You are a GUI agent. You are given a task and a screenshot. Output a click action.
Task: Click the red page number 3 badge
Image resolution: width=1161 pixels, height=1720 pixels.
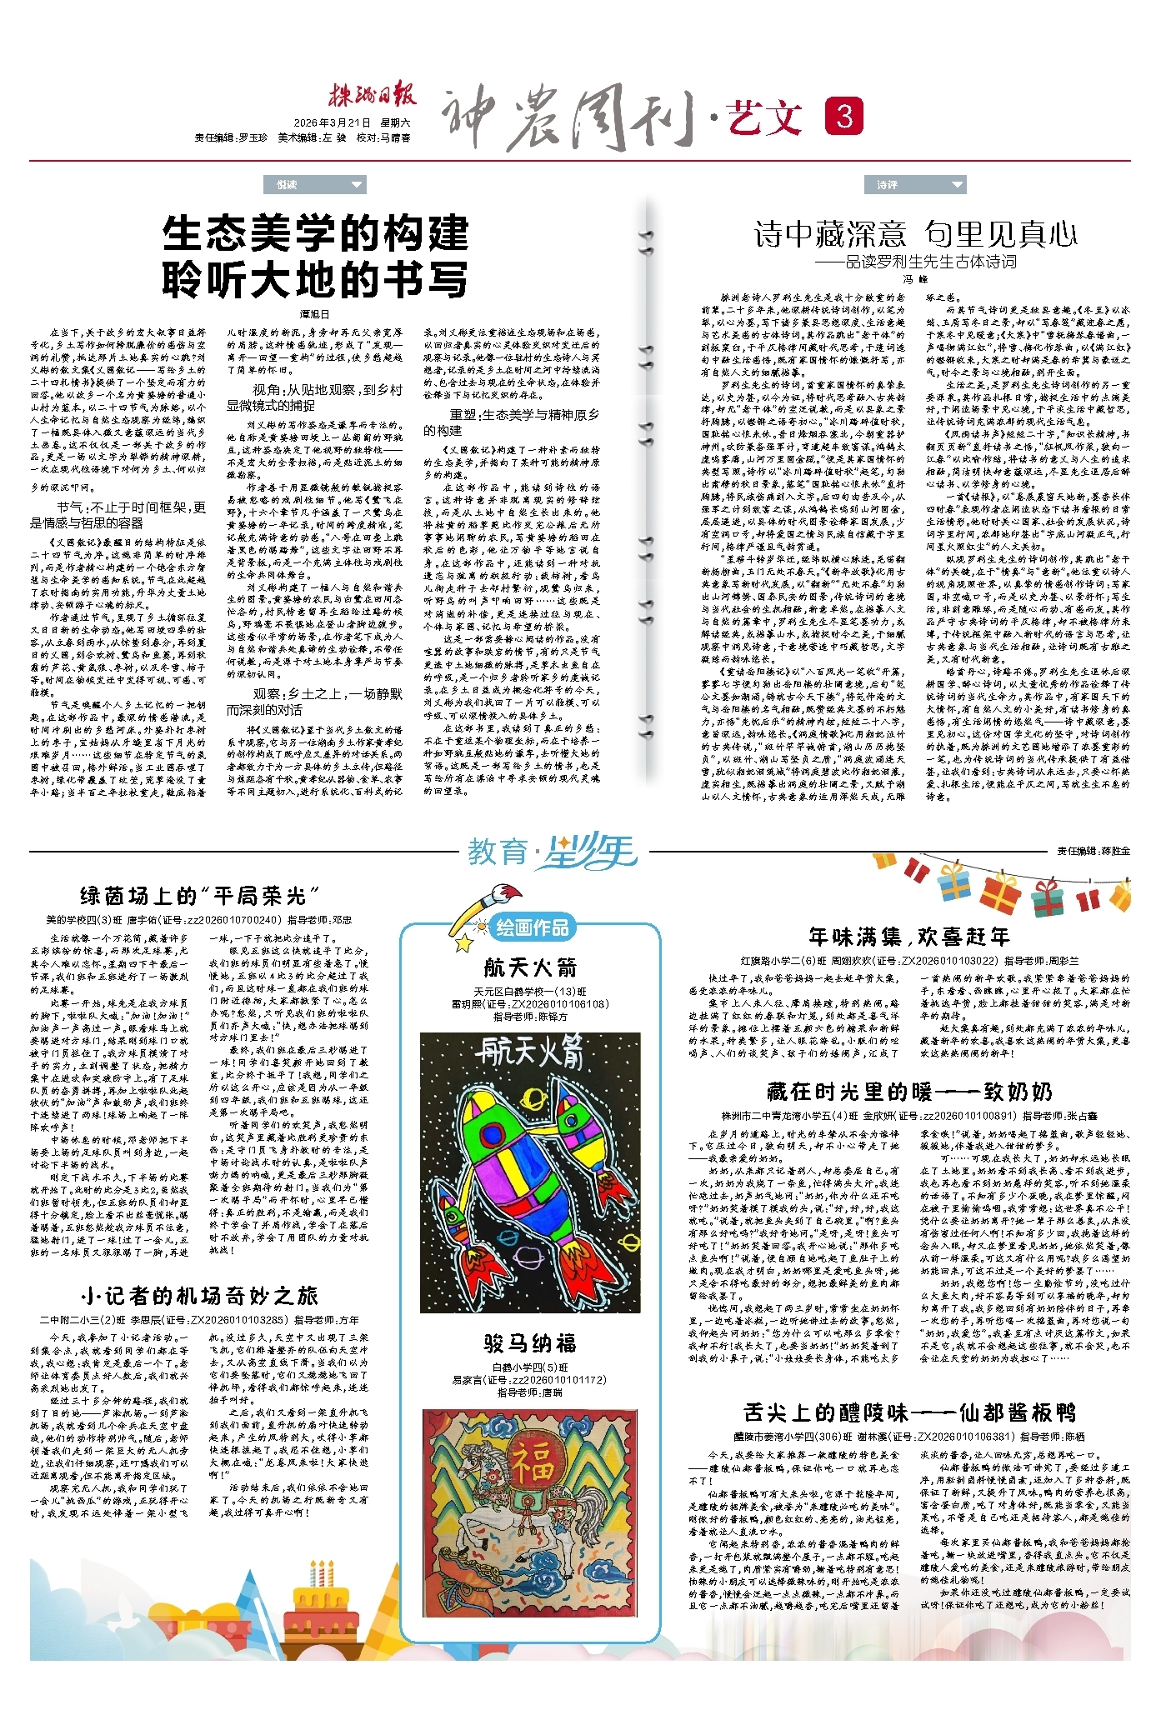843,116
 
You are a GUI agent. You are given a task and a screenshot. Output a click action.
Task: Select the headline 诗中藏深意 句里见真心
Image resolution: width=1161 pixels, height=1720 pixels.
915,234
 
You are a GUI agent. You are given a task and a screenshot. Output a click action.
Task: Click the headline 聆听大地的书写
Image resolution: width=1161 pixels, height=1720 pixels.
315,280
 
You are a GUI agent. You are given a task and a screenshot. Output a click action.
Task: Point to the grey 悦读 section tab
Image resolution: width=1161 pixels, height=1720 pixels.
314,184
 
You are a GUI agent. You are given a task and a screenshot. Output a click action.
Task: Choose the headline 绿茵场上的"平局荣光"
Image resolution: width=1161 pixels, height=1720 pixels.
199,896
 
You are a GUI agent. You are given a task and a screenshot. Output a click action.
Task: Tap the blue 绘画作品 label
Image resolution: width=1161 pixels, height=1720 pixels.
533,927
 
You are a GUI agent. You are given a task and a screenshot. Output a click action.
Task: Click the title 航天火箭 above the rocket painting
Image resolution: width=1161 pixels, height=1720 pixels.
530,967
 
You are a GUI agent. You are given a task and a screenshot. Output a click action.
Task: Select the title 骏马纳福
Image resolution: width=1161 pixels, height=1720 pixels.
530,1342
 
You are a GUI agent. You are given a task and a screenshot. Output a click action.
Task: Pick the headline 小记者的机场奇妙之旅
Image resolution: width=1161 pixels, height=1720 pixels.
199,1295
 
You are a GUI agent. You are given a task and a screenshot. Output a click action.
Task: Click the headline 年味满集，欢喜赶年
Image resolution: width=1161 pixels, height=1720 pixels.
908,937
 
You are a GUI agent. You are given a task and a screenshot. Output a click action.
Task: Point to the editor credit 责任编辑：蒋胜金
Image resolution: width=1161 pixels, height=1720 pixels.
1093,851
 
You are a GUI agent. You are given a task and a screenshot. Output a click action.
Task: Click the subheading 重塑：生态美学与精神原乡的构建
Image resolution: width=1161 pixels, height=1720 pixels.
523,422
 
